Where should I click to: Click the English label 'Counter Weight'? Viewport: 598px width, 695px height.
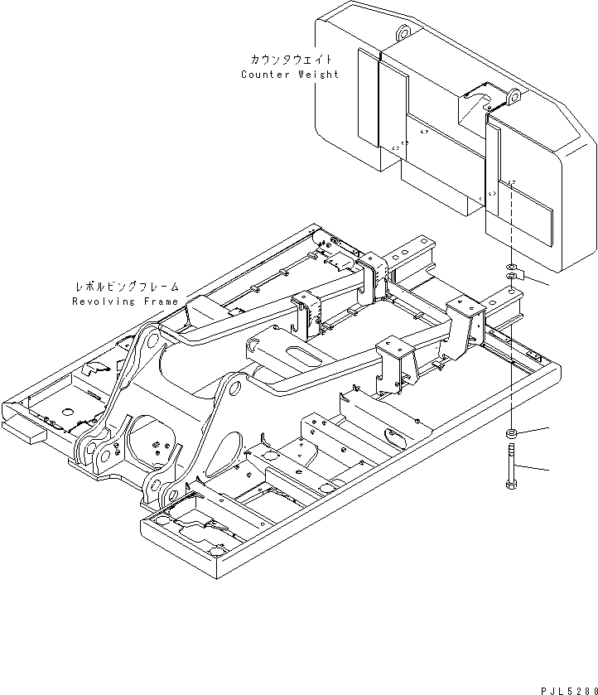(x=289, y=75)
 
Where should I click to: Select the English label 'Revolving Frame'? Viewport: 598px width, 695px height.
(x=124, y=302)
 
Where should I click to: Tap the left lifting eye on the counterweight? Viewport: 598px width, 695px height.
(x=403, y=32)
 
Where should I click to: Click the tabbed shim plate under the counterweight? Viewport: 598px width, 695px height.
(x=514, y=278)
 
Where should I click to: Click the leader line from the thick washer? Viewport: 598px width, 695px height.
(x=535, y=429)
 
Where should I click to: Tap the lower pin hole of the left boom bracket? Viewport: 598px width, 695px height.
(x=103, y=456)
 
